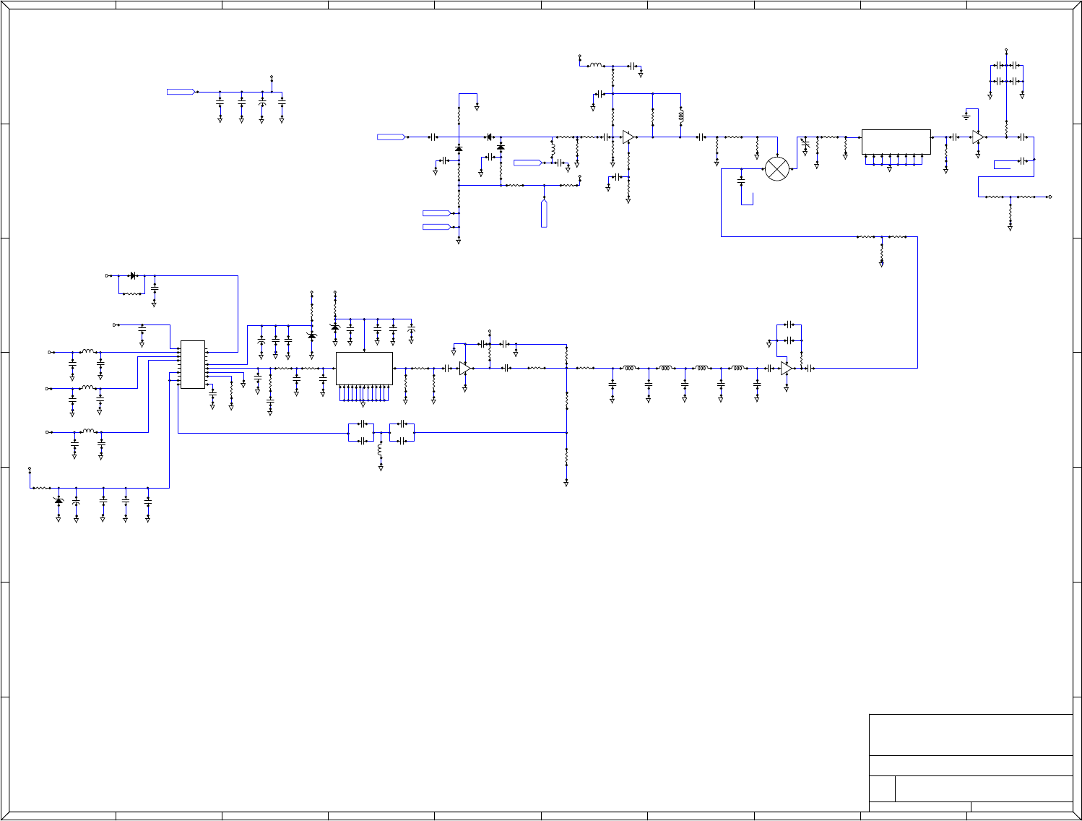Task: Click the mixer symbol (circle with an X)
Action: [777, 168]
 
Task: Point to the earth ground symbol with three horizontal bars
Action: [966, 116]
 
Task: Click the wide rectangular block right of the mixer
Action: [896, 142]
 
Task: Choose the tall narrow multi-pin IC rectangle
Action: [192, 364]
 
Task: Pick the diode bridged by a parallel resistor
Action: [133, 275]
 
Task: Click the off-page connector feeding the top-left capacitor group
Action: [181, 92]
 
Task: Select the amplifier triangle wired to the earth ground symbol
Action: [978, 137]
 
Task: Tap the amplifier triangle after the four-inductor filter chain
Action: [786, 369]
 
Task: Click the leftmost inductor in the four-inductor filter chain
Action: [629, 368]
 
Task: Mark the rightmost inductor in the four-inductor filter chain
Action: [737, 368]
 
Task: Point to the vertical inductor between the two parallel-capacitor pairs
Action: [380, 450]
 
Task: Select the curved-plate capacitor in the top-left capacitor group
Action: [261, 104]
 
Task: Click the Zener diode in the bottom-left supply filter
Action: [59, 501]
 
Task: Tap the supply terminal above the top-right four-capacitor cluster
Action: [1006, 50]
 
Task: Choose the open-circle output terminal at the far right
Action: [1049, 197]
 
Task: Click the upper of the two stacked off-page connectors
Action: [436, 212]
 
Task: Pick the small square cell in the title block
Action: [882, 788]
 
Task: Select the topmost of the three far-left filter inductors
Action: [87, 351]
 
